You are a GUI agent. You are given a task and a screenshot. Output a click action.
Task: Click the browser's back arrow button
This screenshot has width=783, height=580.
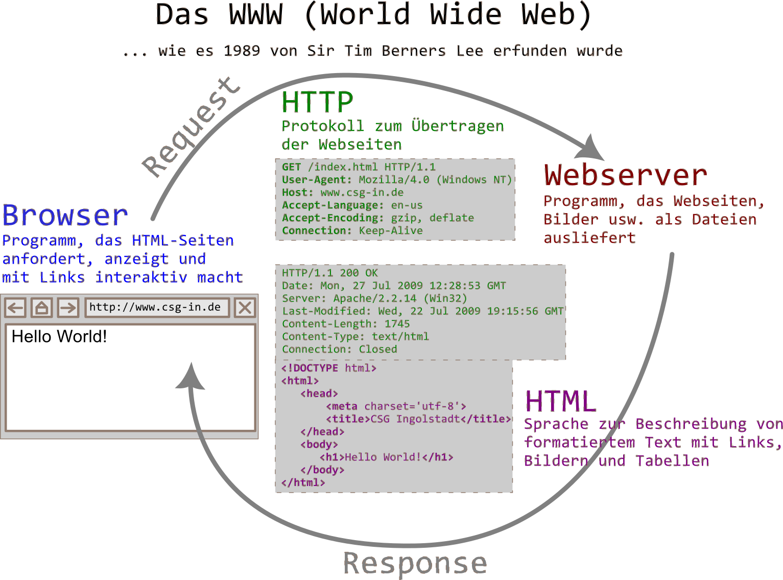(x=16, y=308)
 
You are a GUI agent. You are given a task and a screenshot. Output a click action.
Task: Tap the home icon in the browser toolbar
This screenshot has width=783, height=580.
(x=41, y=308)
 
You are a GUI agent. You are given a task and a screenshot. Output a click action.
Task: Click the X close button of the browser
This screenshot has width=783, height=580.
(x=245, y=308)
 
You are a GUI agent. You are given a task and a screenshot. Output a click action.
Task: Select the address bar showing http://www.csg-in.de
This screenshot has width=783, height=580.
(x=155, y=307)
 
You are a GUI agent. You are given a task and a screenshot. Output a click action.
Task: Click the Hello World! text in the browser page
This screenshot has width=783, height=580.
(x=59, y=336)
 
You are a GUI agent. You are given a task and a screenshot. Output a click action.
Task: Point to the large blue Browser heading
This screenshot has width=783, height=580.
(x=65, y=215)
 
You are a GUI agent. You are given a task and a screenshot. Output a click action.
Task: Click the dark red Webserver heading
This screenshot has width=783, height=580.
(x=625, y=175)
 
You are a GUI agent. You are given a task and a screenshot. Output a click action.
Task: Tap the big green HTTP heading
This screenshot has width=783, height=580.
(x=317, y=102)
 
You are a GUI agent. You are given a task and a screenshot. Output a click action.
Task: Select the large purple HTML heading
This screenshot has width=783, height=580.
(x=560, y=401)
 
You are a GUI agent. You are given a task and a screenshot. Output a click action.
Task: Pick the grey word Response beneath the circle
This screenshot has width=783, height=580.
(x=415, y=564)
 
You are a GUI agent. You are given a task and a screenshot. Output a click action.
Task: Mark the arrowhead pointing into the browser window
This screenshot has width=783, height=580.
(x=191, y=378)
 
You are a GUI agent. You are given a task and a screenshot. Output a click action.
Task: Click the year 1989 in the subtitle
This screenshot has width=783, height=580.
(x=242, y=51)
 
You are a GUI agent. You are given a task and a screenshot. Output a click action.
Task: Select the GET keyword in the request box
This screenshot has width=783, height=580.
(x=291, y=167)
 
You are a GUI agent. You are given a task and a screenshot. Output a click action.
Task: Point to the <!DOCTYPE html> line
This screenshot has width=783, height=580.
(x=328, y=368)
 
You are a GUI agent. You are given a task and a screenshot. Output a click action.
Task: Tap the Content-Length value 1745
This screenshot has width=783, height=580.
(x=397, y=324)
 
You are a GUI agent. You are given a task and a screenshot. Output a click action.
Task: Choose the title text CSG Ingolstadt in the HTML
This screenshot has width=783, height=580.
(x=415, y=419)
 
